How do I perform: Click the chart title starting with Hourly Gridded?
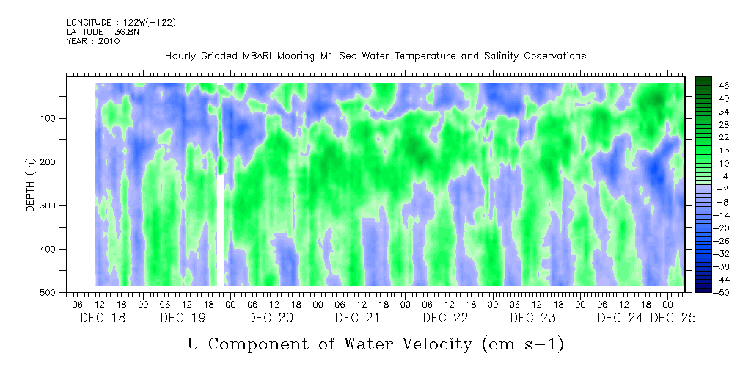pyautogui.click(x=375, y=57)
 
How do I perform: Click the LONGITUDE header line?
pyautogui.click(x=121, y=23)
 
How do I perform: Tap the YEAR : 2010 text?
pyautogui.click(x=93, y=41)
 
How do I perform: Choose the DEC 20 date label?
pyautogui.click(x=270, y=318)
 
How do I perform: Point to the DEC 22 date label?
pyautogui.click(x=445, y=318)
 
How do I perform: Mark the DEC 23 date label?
pyautogui.click(x=532, y=318)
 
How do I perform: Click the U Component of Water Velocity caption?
pyautogui.click(x=376, y=344)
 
